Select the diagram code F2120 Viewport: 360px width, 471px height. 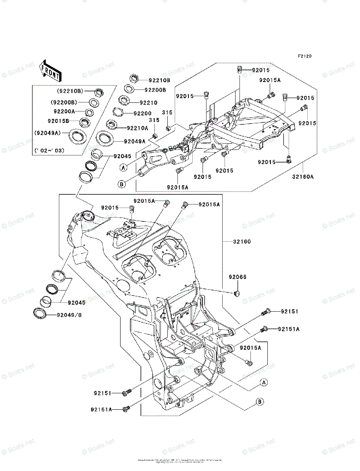pos(304,57)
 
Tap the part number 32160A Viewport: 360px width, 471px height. pos(303,177)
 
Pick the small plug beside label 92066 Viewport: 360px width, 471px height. pos(237,293)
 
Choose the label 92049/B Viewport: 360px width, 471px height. pos(69,315)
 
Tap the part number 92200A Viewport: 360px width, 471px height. pos(64,111)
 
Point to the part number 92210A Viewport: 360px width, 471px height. pos(137,128)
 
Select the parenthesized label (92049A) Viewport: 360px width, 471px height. pos(47,133)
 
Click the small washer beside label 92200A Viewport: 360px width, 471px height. pos(90,113)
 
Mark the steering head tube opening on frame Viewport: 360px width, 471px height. pos(88,215)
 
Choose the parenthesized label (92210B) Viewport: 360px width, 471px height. pos(69,91)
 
